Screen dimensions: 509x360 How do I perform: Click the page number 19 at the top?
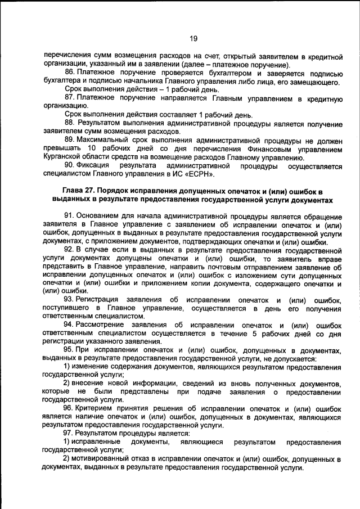click(x=193, y=38)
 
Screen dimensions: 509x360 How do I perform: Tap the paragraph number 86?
click(x=70, y=73)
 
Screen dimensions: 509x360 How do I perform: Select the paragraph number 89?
click(x=70, y=139)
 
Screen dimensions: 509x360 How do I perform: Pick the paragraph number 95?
click(x=70, y=350)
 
